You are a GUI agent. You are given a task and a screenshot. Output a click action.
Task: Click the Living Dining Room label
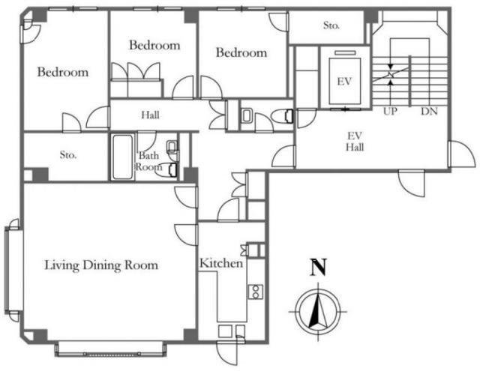(x=101, y=265)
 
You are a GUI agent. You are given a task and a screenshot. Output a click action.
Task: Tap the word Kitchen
(x=221, y=263)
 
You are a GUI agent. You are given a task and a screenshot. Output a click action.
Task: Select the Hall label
(x=150, y=115)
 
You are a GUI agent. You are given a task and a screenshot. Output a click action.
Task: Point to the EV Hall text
(x=355, y=142)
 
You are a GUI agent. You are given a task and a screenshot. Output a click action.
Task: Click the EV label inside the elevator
(x=344, y=82)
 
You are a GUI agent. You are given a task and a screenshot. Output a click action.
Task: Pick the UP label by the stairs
(x=390, y=112)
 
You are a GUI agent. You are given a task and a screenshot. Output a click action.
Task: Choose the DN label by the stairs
(x=429, y=112)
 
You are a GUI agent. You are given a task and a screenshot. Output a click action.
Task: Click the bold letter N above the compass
(x=318, y=268)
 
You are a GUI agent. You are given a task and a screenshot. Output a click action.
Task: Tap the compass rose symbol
(x=318, y=312)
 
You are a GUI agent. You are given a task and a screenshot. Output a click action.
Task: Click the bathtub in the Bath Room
(x=122, y=157)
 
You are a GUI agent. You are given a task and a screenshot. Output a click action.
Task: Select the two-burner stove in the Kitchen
(x=256, y=292)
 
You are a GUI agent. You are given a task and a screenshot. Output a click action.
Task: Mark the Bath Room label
(x=148, y=161)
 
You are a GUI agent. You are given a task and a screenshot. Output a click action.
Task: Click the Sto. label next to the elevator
(x=331, y=25)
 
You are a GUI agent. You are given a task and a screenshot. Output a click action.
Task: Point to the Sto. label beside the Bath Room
(x=68, y=155)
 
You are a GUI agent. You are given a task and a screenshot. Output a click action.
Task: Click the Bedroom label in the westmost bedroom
(x=63, y=72)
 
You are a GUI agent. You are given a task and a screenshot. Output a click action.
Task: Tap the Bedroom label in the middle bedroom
(x=154, y=45)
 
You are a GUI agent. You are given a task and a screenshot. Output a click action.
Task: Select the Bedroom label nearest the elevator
(x=241, y=52)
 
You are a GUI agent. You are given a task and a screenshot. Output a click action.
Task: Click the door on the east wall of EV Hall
(x=460, y=154)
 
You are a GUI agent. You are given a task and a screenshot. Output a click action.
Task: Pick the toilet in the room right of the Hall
(x=282, y=116)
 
